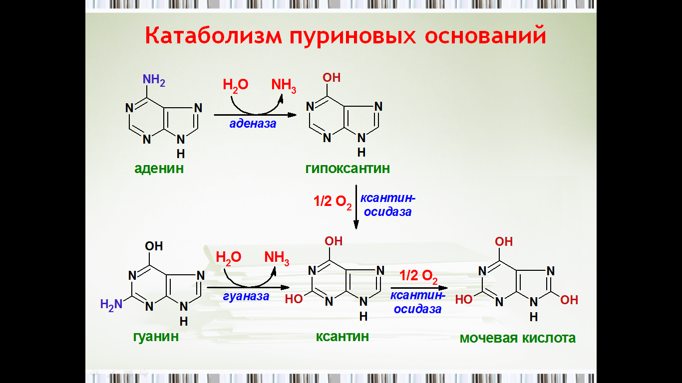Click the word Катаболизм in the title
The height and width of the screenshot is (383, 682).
pos(213,36)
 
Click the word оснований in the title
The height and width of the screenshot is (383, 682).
pos(485,36)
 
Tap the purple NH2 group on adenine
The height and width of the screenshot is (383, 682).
pos(154,80)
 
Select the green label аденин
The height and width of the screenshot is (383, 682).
pos(159,169)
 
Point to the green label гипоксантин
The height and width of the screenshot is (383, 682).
pos(347,169)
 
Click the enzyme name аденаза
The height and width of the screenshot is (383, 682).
pos(253,124)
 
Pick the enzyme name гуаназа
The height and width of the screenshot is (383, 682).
pos(246,296)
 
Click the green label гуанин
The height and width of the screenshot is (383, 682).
pos(156,337)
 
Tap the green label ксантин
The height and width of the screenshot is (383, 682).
pos(342,337)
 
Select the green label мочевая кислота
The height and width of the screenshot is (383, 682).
pos(518,338)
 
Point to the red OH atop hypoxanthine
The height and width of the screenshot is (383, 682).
pos(332,78)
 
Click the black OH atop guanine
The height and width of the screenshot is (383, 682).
pos(154,246)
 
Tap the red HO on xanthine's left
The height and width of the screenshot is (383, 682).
pos(294,299)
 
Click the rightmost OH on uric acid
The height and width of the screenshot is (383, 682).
pos(569,300)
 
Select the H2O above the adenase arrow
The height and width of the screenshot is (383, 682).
pos(235,85)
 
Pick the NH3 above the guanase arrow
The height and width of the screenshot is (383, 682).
pos(277,258)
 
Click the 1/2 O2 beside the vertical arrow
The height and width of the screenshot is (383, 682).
pos(333,202)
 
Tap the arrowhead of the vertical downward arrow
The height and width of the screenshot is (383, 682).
pos(356,225)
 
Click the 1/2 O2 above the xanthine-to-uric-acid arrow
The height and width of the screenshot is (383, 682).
pos(418,276)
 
